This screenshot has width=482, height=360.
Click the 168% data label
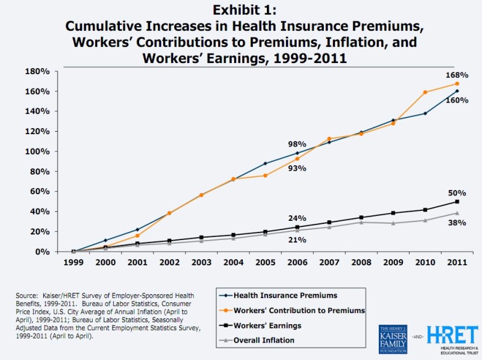coord(457,75)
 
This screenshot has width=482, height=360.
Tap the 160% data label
coord(457,100)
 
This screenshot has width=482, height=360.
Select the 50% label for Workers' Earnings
coord(457,193)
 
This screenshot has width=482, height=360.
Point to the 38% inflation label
coord(457,223)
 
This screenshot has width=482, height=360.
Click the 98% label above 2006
coord(297,144)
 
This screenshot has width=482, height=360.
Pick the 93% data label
coord(297,168)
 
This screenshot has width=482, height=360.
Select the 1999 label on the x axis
coord(74,262)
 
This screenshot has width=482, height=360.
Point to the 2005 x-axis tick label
coord(265,262)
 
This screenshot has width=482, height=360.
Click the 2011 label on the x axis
coord(457,262)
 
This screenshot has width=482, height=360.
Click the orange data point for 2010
coord(425,92)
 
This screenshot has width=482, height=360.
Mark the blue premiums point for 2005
coord(265,163)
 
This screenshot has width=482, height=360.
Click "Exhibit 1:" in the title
coord(241,11)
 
